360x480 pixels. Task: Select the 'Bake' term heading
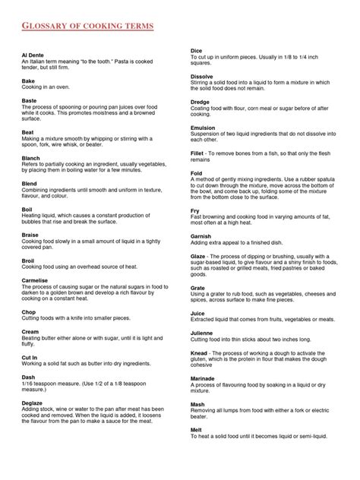(29, 81)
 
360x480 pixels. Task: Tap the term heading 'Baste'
(30, 99)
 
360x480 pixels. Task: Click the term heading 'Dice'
(196, 51)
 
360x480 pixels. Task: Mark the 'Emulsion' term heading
(203, 128)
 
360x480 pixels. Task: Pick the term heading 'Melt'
(196, 430)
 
